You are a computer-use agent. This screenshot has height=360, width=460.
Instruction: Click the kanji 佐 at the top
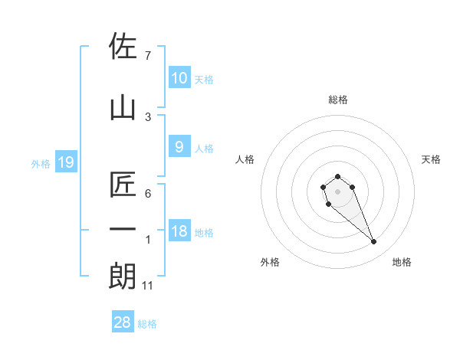click(123, 47)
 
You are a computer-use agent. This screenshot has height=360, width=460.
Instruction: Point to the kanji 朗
click(123, 277)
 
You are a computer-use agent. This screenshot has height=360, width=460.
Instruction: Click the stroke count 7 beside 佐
click(148, 56)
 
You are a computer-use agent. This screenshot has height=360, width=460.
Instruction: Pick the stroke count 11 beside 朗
click(149, 286)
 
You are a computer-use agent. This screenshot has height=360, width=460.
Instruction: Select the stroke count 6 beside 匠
click(148, 194)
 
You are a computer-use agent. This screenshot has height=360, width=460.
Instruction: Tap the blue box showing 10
click(179, 78)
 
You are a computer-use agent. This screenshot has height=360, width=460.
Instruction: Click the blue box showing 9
click(179, 147)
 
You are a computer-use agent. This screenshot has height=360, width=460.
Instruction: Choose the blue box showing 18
click(179, 231)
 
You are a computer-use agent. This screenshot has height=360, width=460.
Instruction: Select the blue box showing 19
click(66, 162)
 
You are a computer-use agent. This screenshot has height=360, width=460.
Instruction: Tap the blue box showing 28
click(123, 323)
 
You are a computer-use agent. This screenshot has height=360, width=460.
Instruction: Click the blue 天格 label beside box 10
click(204, 80)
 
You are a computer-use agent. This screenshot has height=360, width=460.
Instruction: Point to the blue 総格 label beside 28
click(147, 324)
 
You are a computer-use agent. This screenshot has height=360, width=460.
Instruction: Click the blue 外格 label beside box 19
click(40, 163)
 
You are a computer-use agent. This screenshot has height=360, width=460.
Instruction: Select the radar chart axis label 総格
click(337, 100)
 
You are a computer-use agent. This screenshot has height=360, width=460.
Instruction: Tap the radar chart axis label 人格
click(245, 159)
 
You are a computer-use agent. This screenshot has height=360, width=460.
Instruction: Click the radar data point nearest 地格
click(374, 242)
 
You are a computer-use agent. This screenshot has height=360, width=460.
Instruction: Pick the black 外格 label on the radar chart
click(270, 262)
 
